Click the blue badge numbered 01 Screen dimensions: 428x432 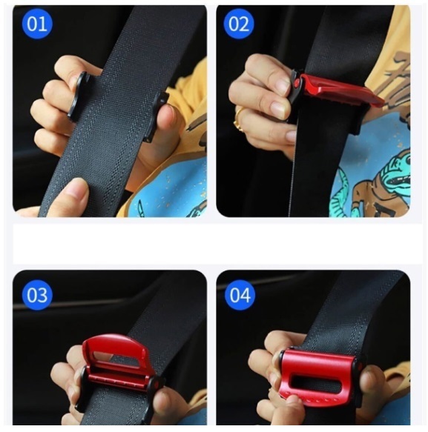tap(37, 24)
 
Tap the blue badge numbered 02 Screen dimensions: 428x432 tap(239, 24)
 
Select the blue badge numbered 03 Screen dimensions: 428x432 tap(37, 295)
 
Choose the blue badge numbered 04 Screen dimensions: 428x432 tap(240, 295)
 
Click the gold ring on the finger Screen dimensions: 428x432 tap(238, 119)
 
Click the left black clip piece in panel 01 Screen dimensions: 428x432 tap(79, 96)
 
